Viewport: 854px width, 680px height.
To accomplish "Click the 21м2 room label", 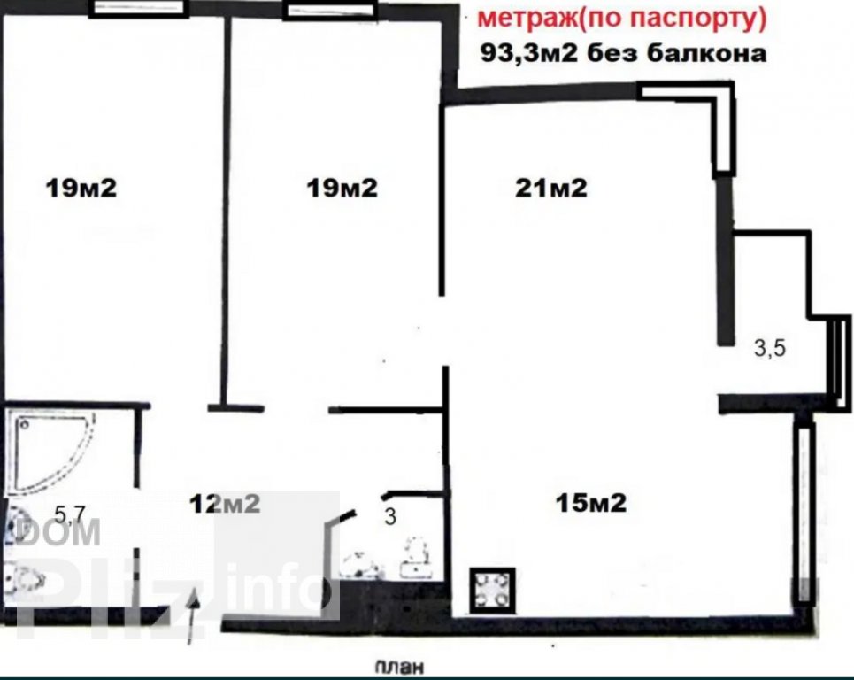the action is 551,189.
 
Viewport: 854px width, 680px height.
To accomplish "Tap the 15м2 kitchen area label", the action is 591,502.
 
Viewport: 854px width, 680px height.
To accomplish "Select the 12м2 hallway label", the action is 225,504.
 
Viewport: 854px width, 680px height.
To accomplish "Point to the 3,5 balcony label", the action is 770,348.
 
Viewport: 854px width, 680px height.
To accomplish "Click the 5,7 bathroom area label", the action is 71,514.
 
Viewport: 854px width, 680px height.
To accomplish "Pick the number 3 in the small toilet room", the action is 390,516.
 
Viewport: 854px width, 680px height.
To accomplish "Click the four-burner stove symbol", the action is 492,589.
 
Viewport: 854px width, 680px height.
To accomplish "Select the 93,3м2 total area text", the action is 528,53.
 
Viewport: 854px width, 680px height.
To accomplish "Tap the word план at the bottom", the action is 399,667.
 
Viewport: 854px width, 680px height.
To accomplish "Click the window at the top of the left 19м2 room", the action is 139,9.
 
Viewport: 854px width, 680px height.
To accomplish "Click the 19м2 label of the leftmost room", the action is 81,189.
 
